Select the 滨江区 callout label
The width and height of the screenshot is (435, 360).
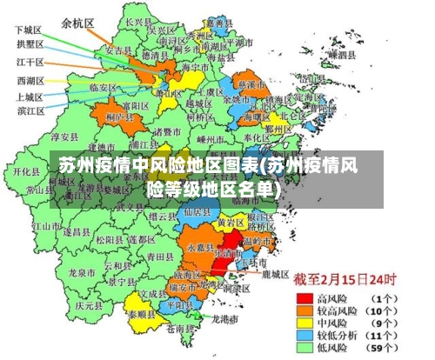pos(32,110)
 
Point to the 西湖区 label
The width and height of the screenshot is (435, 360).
pos(30,81)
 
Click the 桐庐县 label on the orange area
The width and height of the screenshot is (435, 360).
pos(117,115)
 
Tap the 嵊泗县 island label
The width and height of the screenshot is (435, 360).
pos(342,54)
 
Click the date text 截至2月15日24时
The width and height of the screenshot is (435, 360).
pos(344,281)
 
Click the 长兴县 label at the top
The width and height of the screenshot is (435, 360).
pos(137,21)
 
